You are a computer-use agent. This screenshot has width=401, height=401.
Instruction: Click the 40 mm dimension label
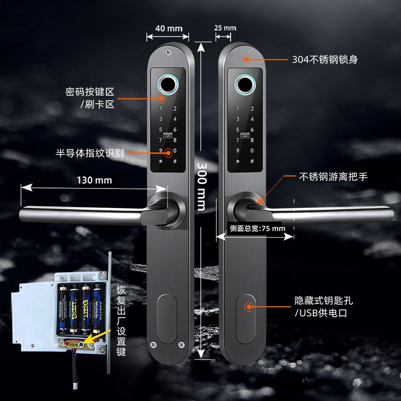[x=168, y=28]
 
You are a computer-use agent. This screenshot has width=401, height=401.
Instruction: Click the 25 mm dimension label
[x=225, y=28]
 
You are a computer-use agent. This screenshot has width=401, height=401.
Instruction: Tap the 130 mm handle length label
[x=94, y=180]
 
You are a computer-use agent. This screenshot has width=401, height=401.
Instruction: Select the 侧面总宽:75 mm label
[x=257, y=228]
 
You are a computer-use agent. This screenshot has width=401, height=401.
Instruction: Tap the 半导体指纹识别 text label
[x=90, y=153]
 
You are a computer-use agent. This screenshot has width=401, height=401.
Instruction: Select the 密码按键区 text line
[x=90, y=92]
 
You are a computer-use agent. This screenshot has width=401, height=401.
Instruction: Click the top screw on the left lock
[x=168, y=50]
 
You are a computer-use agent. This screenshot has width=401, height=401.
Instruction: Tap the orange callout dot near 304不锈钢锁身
[x=246, y=59]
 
